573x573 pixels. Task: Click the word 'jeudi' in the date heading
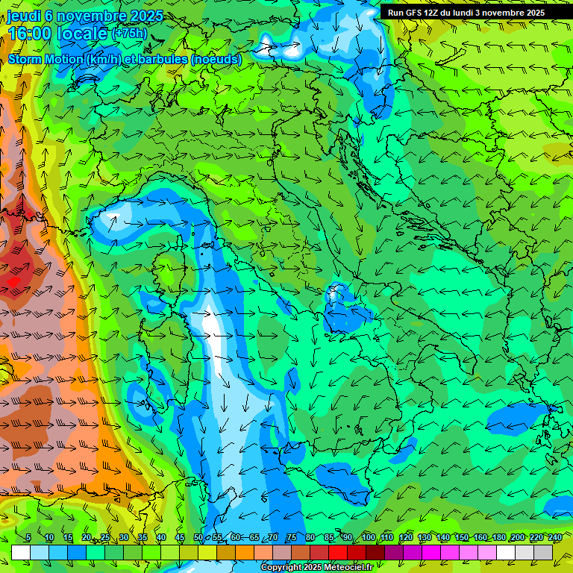click(24, 16)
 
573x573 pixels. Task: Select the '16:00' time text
click(31, 34)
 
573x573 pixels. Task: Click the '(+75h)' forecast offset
click(130, 34)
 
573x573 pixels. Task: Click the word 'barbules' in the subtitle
click(167, 59)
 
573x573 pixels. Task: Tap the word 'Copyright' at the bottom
click(281, 568)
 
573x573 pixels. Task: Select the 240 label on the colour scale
click(554, 538)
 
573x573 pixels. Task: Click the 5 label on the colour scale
click(28, 538)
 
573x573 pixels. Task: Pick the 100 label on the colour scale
click(368, 538)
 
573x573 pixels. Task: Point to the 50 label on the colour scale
click(198, 538)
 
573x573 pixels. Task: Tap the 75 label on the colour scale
click(292, 538)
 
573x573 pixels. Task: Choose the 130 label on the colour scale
click(424, 538)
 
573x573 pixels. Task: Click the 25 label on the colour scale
click(104, 538)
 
